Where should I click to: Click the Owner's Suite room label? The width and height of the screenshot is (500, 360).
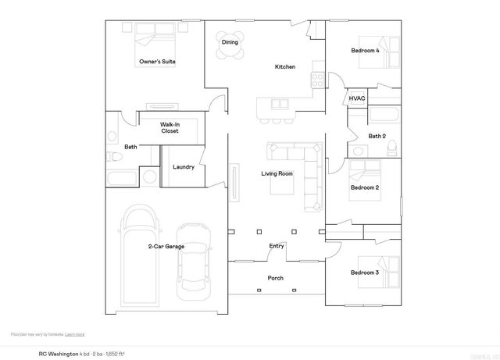click(x=156, y=61)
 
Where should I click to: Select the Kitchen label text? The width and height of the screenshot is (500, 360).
click(x=284, y=67)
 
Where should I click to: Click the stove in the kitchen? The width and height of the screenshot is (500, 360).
click(x=319, y=79)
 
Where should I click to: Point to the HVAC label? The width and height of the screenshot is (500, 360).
click(x=357, y=98)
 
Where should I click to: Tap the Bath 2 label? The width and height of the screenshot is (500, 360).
click(x=377, y=136)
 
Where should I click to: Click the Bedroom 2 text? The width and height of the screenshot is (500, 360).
click(x=364, y=188)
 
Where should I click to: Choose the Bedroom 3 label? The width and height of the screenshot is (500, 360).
click(x=364, y=273)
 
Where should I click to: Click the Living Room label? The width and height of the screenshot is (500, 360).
click(x=277, y=173)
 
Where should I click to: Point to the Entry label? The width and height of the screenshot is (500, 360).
click(x=277, y=246)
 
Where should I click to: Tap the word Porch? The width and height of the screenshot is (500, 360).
click(x=276, y=278)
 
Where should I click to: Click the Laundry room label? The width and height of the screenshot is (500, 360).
click(x=184, y=166)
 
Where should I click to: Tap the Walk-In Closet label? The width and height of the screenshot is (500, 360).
click(x=170, y=127)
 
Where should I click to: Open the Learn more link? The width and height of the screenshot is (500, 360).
click(x=74, y=334)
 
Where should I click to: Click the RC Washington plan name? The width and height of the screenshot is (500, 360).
click(x=58, y=353)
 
